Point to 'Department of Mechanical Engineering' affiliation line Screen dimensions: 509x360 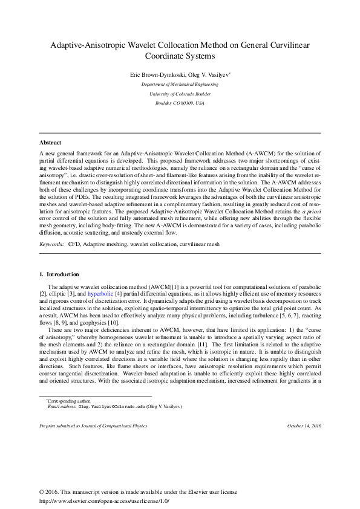[x=180, y=85]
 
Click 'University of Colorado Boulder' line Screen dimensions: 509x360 [x=180, y=94]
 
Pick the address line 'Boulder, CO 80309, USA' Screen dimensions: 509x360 [x=180, y=103]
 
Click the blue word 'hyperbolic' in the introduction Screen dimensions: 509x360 [x=100, y=293]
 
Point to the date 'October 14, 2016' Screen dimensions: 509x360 [x=304, y=426]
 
